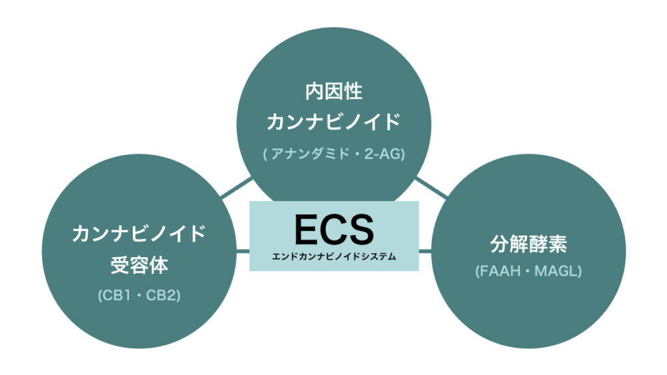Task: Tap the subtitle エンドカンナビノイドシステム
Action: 333,257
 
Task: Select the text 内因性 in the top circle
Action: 333,92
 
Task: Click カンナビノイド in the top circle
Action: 333,122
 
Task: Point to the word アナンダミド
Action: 305,154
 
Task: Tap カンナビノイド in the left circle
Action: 139,233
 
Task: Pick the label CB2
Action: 163,296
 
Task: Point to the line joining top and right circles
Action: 433,187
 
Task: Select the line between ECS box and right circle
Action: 425,250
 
